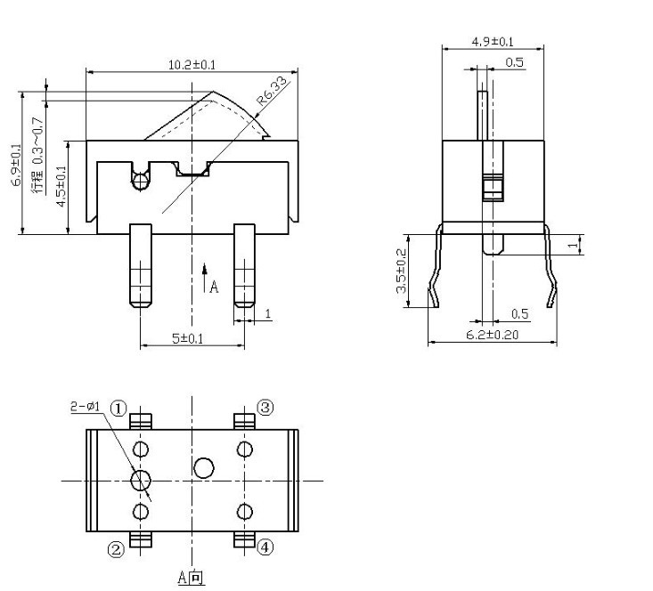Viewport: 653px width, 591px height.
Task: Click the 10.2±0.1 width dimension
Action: pyautogui.click(x=192, y=64)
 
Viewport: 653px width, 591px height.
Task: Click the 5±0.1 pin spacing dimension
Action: pyautogui.click(x=189, y=338)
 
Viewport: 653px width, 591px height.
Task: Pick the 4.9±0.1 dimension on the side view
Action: pyautogui.click(x=492, y=42)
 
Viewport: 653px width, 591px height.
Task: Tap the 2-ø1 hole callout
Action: pyautogui.click(x=86, y=407)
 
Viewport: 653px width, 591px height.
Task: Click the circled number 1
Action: pyautogui.click(x=119, y=408)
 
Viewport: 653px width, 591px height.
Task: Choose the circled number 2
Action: pyautogui.click(x=116, y=549)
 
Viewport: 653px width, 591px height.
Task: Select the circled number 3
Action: pyautogui.click(x=265, y=407)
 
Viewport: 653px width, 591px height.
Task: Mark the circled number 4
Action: pyautogui.click(x=265, y=546)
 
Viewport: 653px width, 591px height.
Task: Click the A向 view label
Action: pyautogui.click(x=190, y=578)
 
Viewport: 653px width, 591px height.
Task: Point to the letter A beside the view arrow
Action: pyautogui.click(x=214, y=287)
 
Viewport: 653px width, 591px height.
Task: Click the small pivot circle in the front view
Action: pyautogui.click(x=140, y=182)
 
